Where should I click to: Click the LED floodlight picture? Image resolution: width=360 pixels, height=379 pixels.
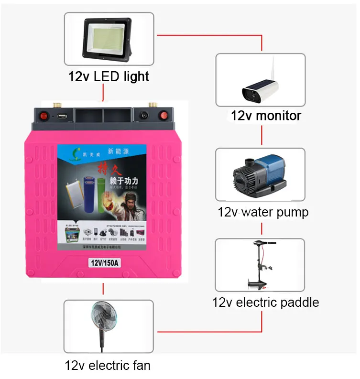pos(109,39)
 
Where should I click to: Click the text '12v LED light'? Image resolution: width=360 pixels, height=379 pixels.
pos(109,76)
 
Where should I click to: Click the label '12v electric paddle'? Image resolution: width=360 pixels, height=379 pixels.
pos(265,302)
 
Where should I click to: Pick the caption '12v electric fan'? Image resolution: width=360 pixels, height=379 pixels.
pos(108,366)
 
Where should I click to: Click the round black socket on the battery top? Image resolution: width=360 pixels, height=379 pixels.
pos(143,116)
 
